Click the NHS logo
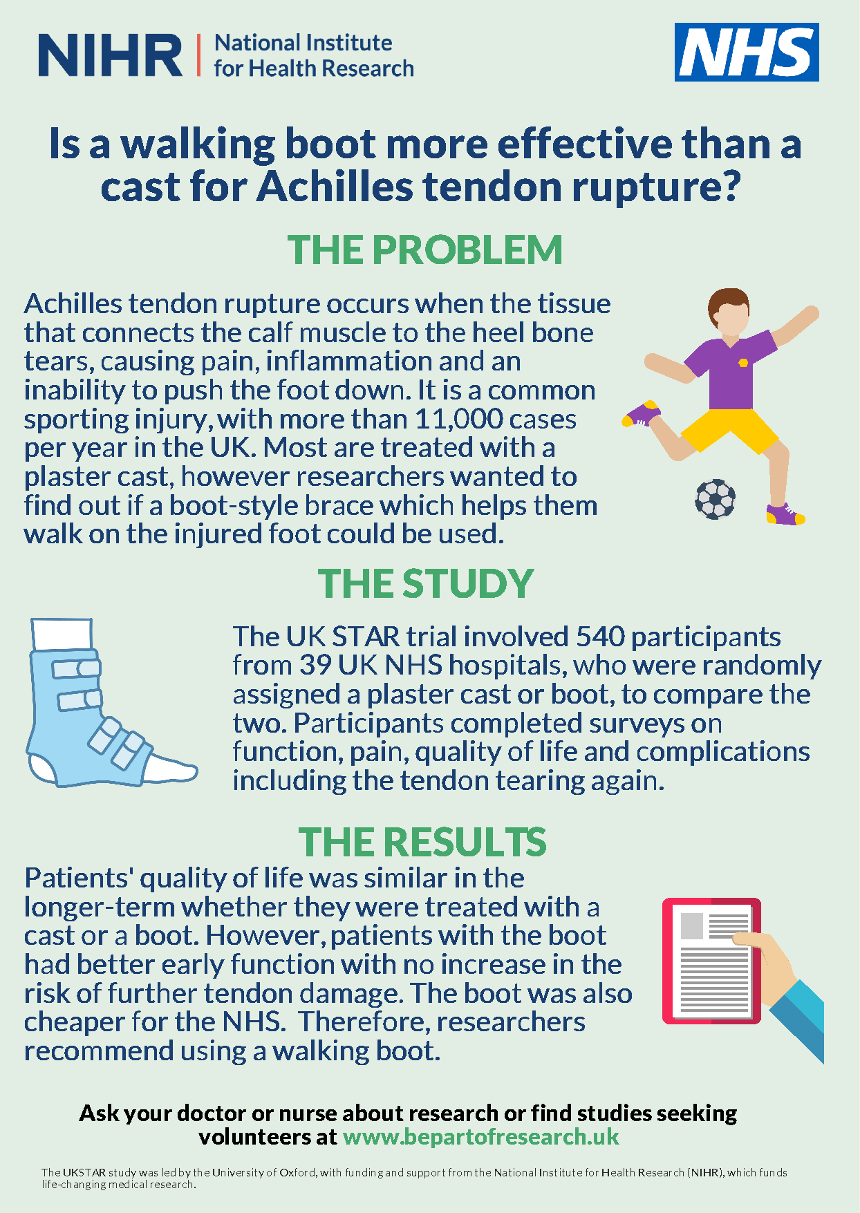point(747,52)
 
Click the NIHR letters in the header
point(111,55)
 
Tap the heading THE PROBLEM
point(425,250)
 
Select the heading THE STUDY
point(426,584)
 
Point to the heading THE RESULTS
point(422,842)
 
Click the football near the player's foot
point(715,499)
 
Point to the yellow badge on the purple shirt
point(742,363)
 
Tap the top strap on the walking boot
point(77,669)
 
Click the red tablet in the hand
point(711,961)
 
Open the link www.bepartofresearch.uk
point(481,1137)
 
